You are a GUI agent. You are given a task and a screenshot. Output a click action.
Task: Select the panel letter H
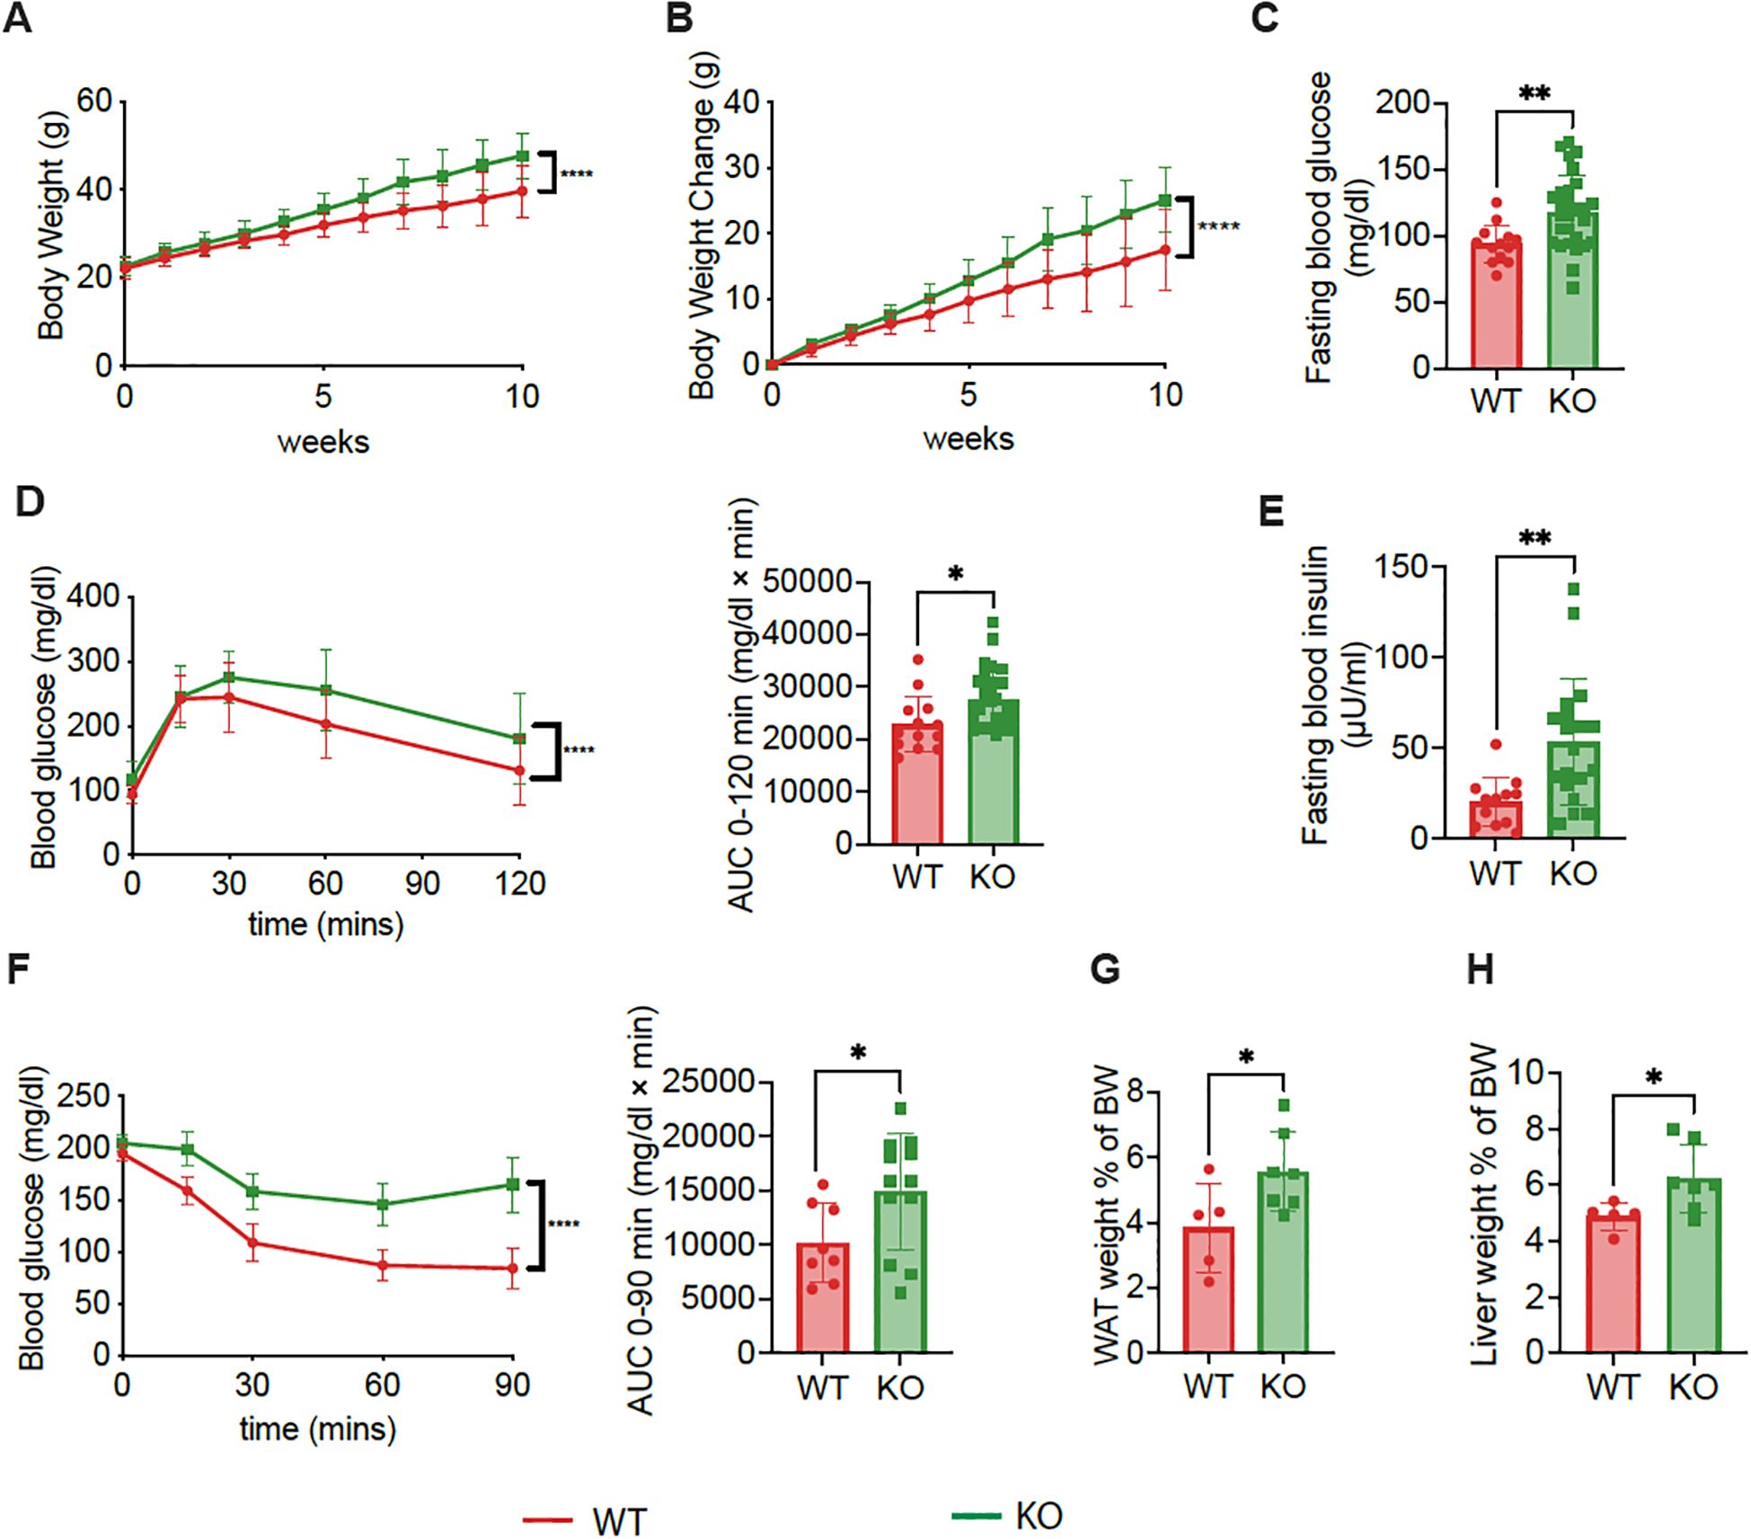(1480, 971)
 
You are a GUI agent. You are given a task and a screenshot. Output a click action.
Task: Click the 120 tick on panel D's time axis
(519, 884)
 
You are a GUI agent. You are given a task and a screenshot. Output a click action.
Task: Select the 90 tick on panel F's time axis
(512, 1384)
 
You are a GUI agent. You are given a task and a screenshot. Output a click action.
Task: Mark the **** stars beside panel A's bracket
(576, 173)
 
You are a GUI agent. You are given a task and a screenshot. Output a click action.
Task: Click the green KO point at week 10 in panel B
(1164, 200)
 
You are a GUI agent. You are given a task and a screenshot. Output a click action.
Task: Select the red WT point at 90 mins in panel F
(512, 1269)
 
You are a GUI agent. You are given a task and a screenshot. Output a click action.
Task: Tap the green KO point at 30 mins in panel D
(229, 677)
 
